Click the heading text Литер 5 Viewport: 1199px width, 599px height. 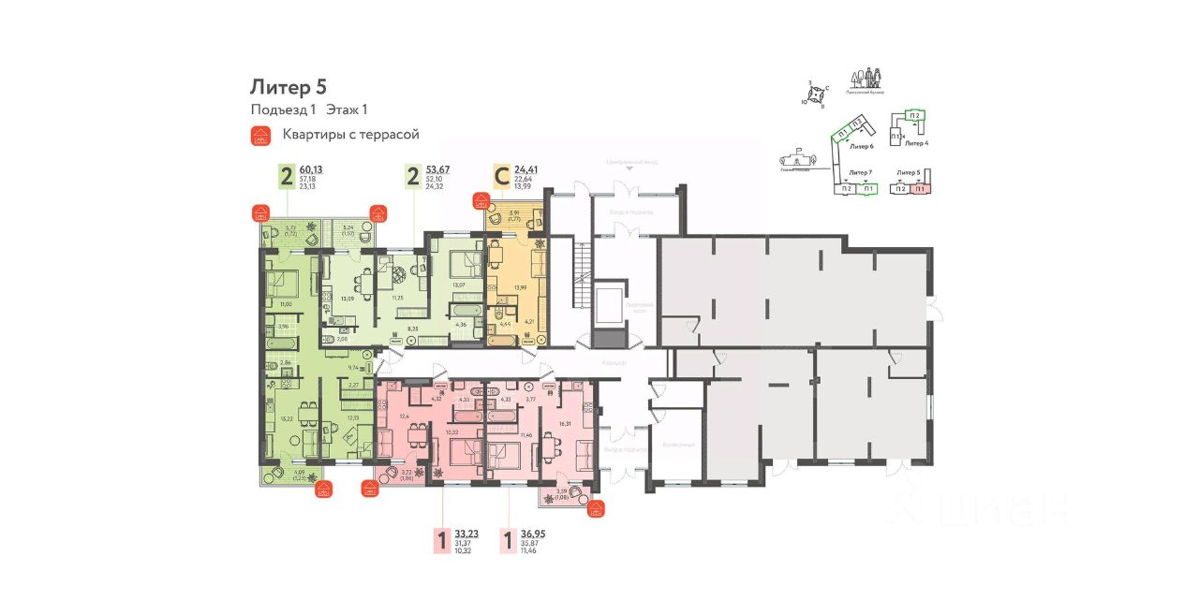(288, 87)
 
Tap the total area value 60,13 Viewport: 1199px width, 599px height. (313, 169)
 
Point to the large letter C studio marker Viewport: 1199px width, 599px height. (502, 177)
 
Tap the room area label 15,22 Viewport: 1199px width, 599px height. (287, 418)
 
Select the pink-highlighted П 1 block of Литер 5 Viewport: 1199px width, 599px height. (920, 189)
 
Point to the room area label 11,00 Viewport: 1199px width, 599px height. (287, 304)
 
